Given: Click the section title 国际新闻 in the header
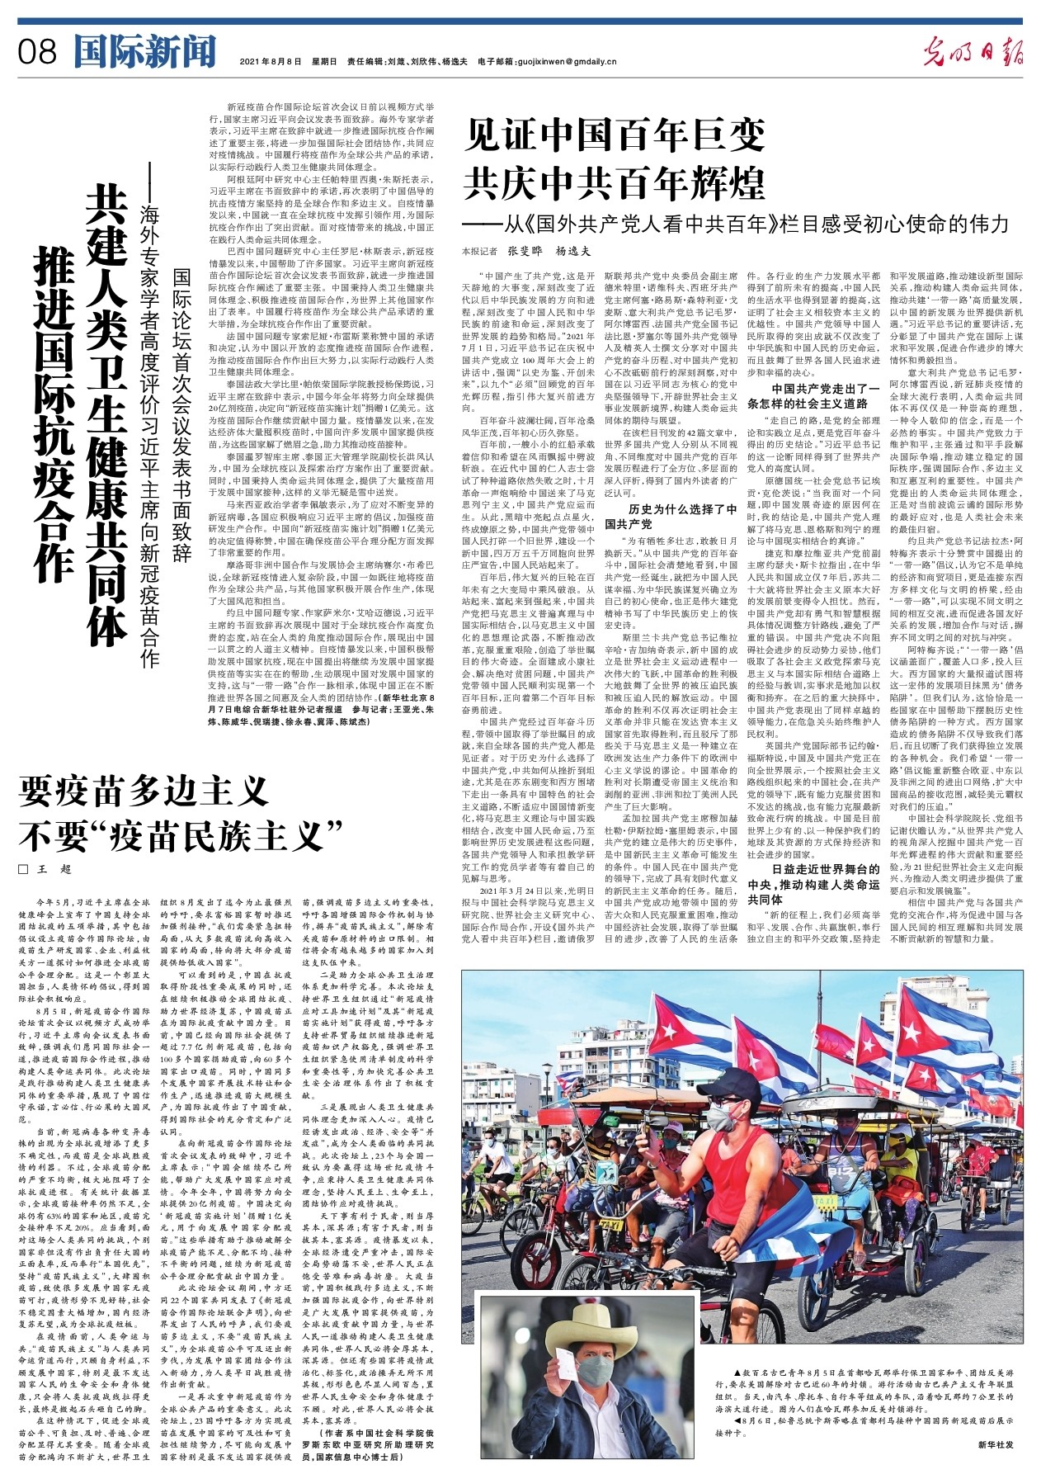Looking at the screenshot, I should tap(144, 51).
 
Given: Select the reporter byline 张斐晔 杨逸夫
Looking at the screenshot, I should tap(548, 251).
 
